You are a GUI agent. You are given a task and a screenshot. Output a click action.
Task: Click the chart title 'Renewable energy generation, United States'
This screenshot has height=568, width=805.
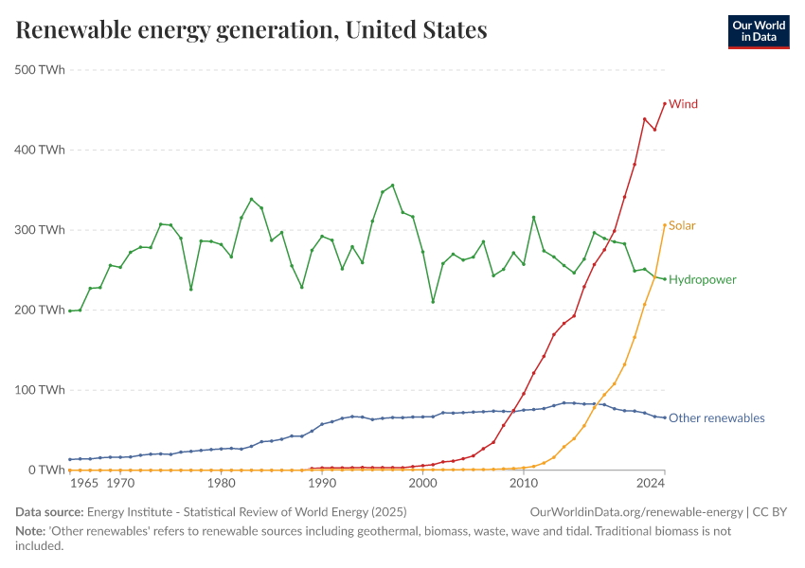251,30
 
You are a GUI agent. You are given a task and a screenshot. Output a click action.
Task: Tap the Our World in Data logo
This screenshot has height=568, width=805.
758,31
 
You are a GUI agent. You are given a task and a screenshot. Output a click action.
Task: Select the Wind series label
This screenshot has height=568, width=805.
683,104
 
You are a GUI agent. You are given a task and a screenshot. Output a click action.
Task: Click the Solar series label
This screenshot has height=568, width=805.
682,225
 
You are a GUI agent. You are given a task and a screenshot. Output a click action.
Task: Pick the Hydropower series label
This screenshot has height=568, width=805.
702,279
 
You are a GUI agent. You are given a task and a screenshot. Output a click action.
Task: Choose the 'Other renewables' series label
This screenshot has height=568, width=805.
716,417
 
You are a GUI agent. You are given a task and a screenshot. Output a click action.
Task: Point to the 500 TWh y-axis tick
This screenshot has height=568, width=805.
39,69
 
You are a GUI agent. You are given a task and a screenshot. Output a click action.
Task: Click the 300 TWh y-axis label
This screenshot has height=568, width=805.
39,229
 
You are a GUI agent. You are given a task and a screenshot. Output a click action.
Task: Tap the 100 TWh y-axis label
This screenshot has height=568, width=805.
39,389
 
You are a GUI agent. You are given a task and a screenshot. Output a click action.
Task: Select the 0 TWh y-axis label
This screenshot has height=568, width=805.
45,470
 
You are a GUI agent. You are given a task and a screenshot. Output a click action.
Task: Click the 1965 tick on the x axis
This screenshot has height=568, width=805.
83,483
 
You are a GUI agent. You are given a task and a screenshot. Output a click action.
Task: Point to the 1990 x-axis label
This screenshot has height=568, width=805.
322,483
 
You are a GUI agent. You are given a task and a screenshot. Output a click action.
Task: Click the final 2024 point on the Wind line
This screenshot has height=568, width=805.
665,103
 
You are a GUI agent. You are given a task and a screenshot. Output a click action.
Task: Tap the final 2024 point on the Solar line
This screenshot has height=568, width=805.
665,225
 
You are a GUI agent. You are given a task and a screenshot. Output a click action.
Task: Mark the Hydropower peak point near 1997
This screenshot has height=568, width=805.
392,186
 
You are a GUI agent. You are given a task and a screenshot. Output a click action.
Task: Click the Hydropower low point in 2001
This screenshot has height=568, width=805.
433,302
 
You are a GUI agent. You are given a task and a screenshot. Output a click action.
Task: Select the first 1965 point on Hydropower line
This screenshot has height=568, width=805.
70,311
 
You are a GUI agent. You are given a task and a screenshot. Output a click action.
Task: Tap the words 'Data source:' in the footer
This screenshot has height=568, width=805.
48,512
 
